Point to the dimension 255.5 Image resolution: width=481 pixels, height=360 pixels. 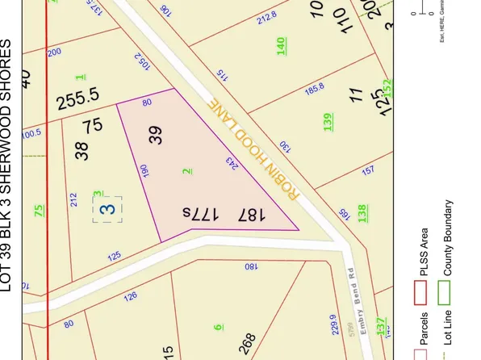tap(77, 102)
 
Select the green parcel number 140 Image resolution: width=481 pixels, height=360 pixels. tap(282, 46)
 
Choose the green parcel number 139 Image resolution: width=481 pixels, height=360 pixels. tap(328, 122)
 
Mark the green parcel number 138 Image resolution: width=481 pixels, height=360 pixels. tap(362, 214)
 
